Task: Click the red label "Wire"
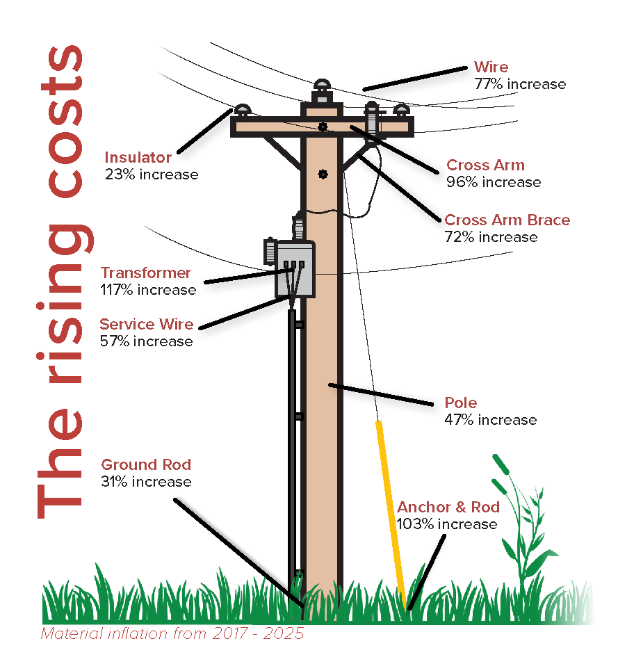tap(491, 67)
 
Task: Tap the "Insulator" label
tap(138, 157)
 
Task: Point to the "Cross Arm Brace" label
tap(507, 220)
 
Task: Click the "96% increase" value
tap(494, 182)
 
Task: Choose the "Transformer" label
tap(145, 273)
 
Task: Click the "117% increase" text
tap(149, 289)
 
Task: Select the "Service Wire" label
tap(146, 324)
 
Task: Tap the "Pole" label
tap(460, 403)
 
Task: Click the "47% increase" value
tap(490, 420)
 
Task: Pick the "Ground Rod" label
tap(146, 464)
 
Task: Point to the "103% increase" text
tap(447, 524)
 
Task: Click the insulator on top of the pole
tap(322, 88)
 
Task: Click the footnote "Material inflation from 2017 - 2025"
tap(172, 634)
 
